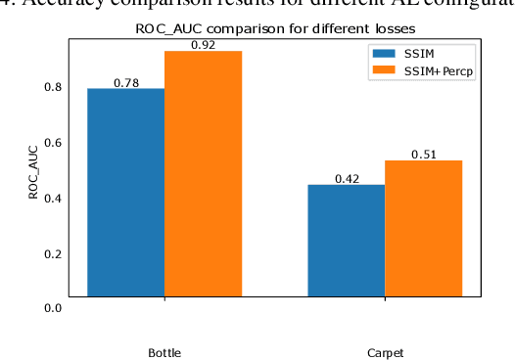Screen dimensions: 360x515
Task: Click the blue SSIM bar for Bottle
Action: pos(125,192)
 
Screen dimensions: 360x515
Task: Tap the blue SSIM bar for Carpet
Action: pos(346,240)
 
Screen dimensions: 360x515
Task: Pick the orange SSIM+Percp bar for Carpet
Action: pos(423,228)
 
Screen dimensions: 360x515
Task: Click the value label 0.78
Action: pos(125,83)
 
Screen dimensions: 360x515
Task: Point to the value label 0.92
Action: pos(203,45)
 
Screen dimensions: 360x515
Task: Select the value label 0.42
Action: pos(347,179)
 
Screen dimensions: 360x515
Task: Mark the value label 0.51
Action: pos(423,155)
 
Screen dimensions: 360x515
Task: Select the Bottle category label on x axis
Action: pos(164,351)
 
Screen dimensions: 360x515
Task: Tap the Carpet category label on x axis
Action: pos(385,351)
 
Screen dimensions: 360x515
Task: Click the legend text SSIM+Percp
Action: pos(439,71)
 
